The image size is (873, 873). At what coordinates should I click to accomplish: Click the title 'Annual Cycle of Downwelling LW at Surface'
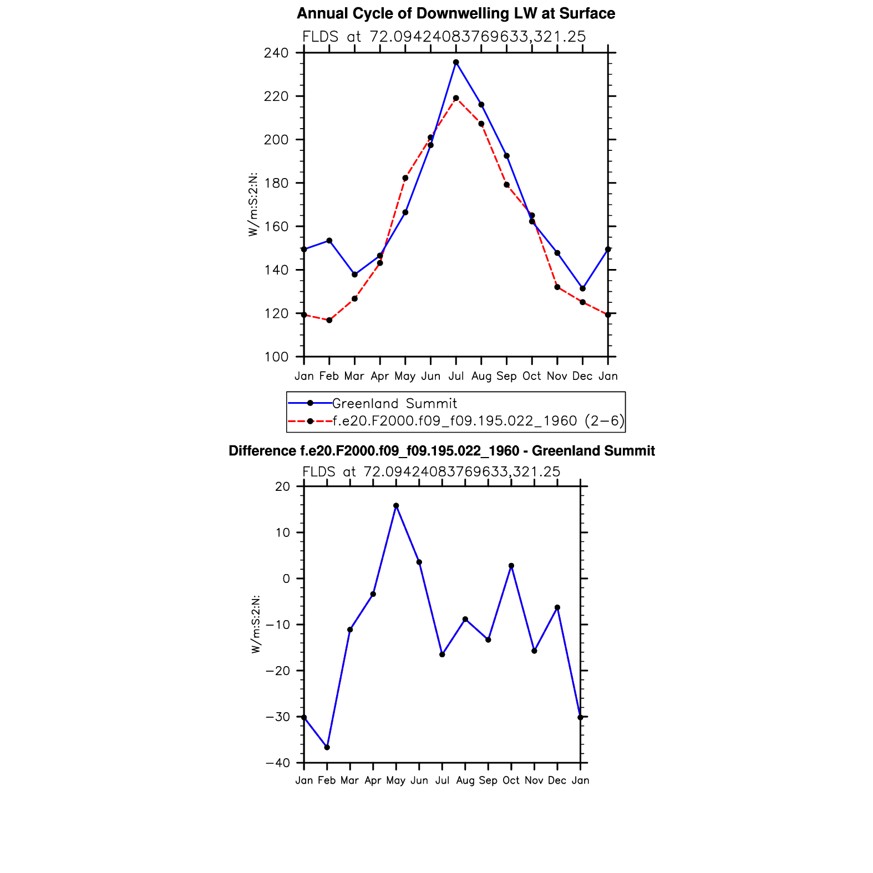pos(455,14)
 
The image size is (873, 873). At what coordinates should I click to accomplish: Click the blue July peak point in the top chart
pos(456,63)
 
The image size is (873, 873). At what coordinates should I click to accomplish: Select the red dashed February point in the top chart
pos(329,320)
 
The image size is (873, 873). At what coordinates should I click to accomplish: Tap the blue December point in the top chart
pos(582,288)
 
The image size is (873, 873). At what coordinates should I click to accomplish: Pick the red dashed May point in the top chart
pos(405,178)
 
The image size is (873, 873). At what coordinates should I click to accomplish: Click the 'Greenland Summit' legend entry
pos(394,403)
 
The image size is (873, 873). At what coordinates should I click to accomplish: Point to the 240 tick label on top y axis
pos(276,53)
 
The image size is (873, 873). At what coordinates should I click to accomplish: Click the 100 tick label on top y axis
pos(276,357)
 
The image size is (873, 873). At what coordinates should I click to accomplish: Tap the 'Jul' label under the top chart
pos(456,376)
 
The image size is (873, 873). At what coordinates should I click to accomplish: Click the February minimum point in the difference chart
pos(327,747)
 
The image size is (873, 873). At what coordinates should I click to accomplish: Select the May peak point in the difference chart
pos(396,506)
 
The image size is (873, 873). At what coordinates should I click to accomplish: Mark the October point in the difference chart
pos(511,566)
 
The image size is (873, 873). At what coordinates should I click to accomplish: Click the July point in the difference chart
pos(442,654)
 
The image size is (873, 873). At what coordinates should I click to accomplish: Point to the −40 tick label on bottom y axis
pos(278,763)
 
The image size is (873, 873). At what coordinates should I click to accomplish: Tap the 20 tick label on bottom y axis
pos(283,486)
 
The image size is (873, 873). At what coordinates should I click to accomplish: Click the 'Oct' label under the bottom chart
pos(511,780)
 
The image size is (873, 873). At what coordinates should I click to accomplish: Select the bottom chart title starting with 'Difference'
pos(441,451)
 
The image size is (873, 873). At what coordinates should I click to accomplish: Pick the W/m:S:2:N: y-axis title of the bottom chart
pos(256,625)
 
